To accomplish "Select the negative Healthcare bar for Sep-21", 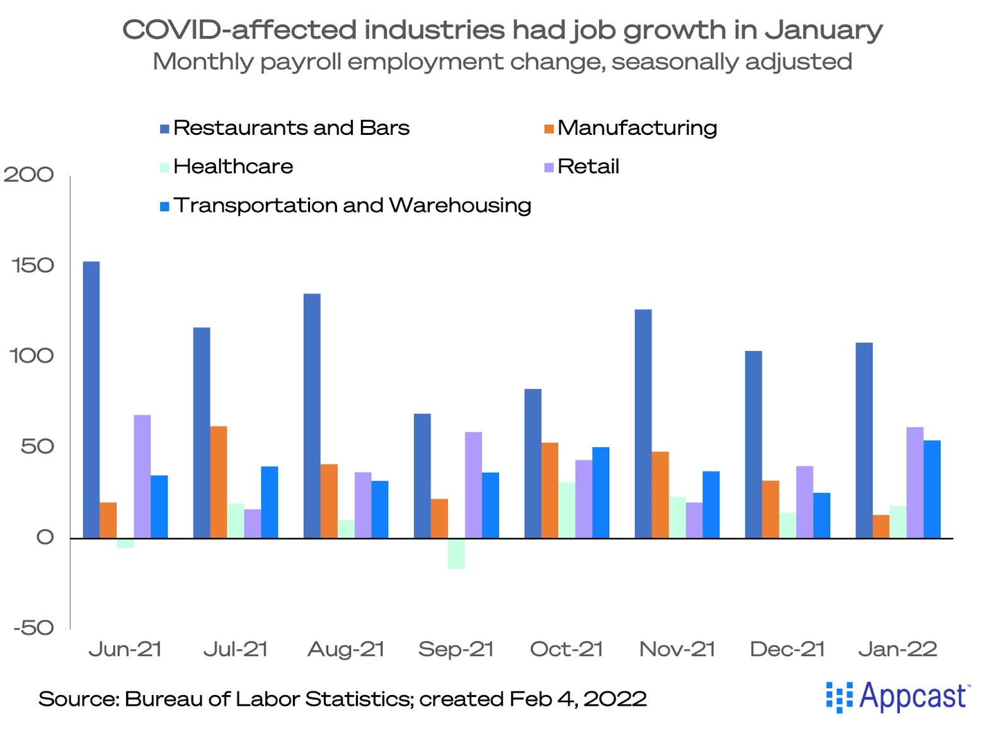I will (x=456, y=554).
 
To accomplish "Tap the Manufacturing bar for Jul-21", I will (x=219, y=482).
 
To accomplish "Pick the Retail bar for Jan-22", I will (x=915, y=483).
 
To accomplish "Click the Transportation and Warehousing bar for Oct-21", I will (x=600, y=492).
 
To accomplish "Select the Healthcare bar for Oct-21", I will (x=566, y=510).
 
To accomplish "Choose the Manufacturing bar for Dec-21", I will (x=770, y=509).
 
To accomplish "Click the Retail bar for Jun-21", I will (x=142, y=476).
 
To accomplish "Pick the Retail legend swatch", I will (x=549, y=167).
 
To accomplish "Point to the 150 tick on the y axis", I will (x=33, y=265).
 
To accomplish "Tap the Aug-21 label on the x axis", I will (x=346, y=649).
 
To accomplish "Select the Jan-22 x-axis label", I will (x=898, y=649).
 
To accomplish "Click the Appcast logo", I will (x=898, y=696).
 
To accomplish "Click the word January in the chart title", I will (x=823, y=30).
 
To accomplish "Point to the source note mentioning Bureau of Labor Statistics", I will (x=342, y=699).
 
